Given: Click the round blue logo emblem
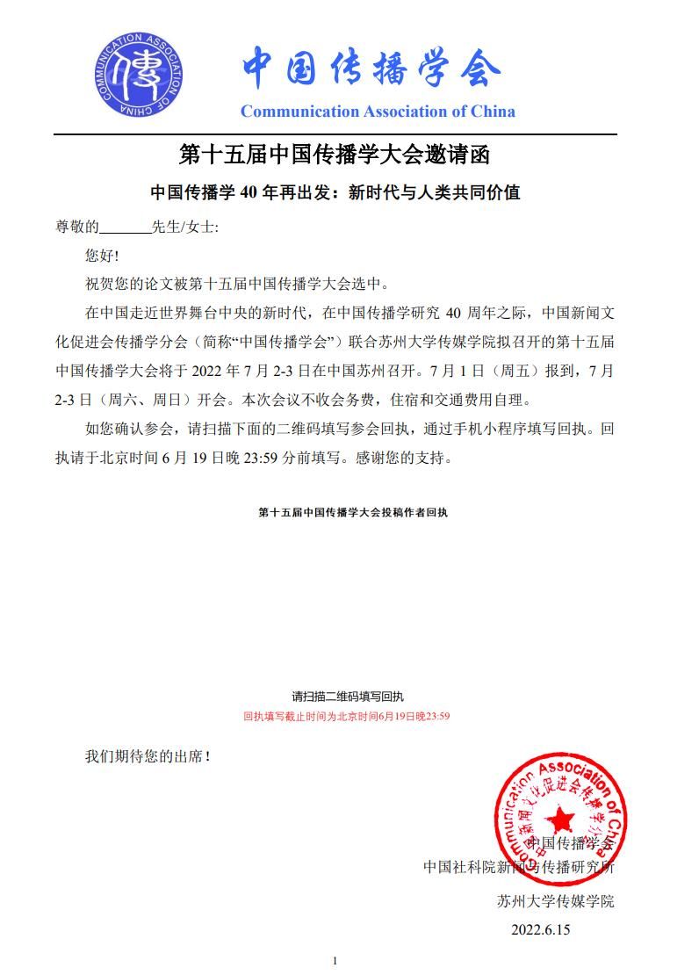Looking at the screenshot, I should [x=139, y=76].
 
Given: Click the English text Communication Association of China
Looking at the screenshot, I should [x=378, y=112].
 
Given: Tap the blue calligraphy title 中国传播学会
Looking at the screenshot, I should [x=371, y=68].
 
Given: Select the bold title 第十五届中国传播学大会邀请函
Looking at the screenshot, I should [x=334, y=155].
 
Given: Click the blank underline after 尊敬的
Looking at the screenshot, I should [x=125, y=227].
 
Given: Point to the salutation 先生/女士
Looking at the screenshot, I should [x=184, y=227].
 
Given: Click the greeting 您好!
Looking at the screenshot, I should [x=101, y=256].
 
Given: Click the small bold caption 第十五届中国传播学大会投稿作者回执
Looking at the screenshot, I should [x=353, y=511].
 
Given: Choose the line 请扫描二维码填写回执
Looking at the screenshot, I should [x=348, y=697].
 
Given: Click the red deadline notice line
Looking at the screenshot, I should [x=347, y=716].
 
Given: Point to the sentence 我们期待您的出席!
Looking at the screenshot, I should [x=148, y=755].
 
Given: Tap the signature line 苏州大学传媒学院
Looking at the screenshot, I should [x=555, y=901].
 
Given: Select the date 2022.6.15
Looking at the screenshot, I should [x=541, y=929].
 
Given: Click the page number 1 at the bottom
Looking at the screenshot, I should [x=335, y=961].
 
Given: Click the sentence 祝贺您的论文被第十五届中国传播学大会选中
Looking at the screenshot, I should [x=235, y=285].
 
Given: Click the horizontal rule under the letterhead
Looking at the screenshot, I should [x=335, y=134].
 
